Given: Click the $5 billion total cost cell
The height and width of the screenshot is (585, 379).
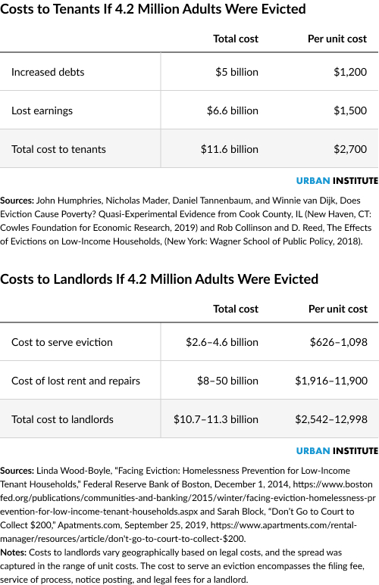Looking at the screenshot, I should (x=236, y=73).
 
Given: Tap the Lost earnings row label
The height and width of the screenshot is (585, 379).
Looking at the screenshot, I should (x=42, y=110).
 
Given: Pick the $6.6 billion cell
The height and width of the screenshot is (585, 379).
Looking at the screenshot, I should (x=232, y=110).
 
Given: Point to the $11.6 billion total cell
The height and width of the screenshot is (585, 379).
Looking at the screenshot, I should (x=229, y=149).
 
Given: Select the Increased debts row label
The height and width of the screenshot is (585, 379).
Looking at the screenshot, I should (x=48, y=73).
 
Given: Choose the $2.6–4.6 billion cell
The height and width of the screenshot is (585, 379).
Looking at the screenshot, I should (x=221, y=342).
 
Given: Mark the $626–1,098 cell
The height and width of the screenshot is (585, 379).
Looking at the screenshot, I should (x=338, y=342).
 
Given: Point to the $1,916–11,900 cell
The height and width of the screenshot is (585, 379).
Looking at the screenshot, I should (x=330, y=381).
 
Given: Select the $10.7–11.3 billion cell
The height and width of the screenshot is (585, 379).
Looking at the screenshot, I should (x=215, y=419).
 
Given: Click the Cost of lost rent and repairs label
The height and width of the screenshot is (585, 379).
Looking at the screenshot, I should (x=76, y=381).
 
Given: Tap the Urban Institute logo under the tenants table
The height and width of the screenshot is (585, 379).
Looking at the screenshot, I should (x=337, y=182).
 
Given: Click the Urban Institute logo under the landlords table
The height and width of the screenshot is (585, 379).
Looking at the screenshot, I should (x=337, y=451).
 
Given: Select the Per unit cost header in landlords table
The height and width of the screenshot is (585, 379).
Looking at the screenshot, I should (x=337, y=309).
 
